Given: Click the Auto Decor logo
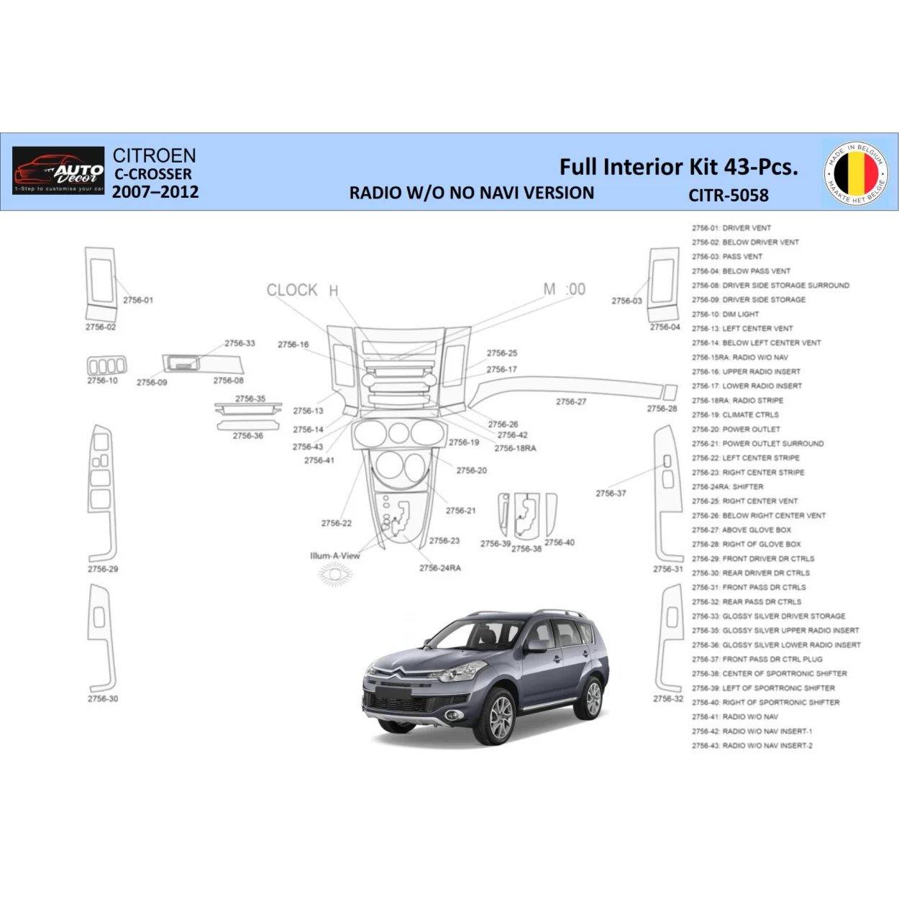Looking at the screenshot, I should [58, 171].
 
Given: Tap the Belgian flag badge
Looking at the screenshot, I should [856, 173].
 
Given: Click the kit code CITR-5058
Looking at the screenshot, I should [728, 195].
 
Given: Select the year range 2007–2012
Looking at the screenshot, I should [155, 192].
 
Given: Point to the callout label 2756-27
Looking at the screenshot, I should [570, 402].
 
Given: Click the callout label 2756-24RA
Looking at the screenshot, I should [440, 568].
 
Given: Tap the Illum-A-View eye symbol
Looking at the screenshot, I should [334, 574].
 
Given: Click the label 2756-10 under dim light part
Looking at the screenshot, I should [102, 380].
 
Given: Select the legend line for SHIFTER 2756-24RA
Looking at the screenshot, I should [727, 487].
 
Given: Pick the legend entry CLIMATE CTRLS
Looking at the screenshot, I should [735, 415].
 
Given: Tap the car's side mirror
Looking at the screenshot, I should [536, 646].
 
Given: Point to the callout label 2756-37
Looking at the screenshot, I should [611, 493].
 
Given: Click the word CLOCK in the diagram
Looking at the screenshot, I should [291, 291].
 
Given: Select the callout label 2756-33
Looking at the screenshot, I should [239, 344].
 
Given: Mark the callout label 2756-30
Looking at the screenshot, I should [103, 698].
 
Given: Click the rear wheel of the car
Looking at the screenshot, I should [593, 696].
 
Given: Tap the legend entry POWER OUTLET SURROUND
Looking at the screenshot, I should [757, 444].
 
